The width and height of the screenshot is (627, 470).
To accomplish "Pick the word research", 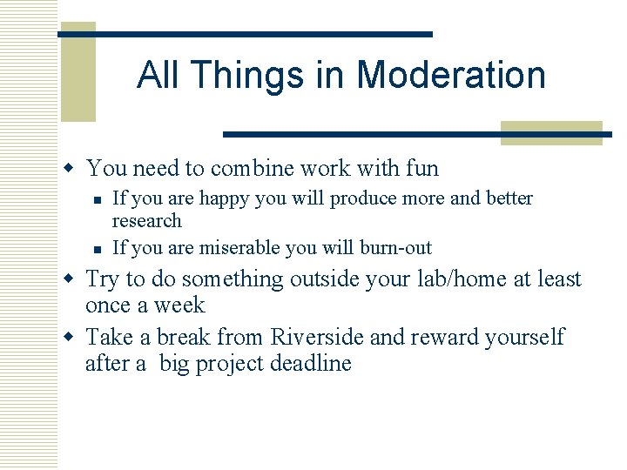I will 147,221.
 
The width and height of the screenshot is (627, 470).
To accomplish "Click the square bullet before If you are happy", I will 101,199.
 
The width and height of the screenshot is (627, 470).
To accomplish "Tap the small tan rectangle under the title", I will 551,132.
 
